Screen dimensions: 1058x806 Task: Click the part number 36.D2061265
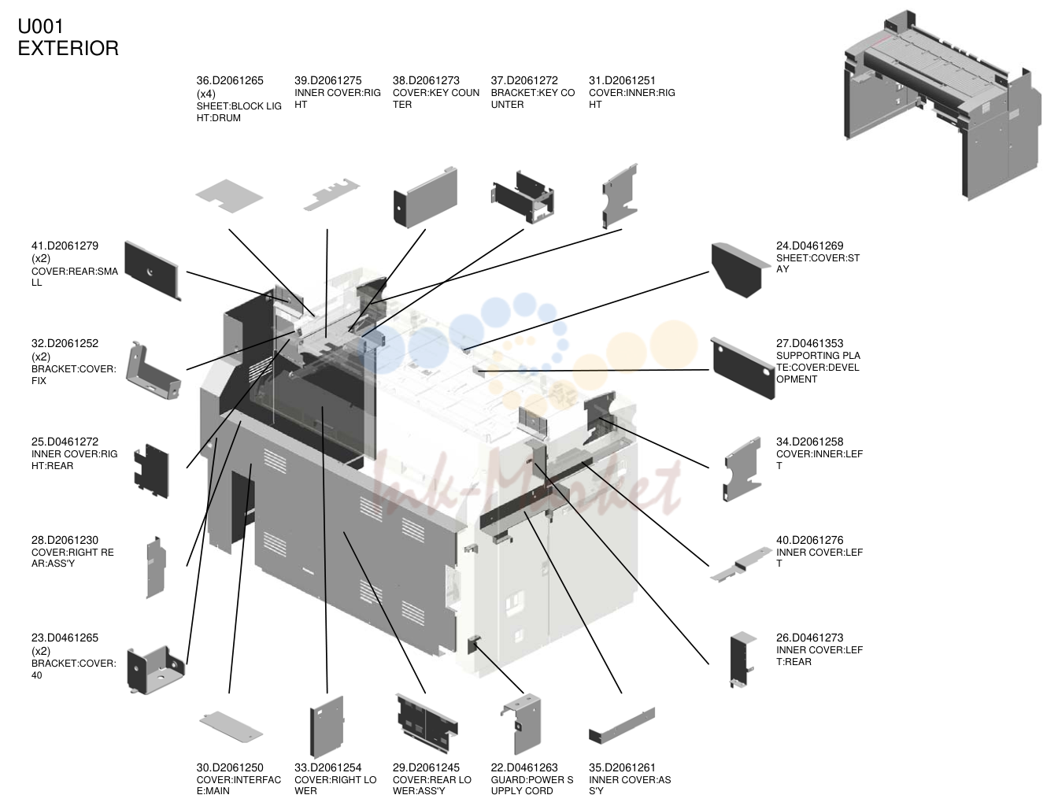pos(229,80)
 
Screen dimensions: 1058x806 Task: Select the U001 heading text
pos(40,27)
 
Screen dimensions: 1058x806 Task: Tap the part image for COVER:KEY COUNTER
pos(425,197)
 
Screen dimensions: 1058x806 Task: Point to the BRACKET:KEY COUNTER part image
pos(523,197)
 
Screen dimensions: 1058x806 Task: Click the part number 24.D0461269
pos(810,246)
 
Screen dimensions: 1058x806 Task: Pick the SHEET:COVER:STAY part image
pos(740,270)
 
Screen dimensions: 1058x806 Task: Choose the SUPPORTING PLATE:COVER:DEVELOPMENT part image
pos(742,368)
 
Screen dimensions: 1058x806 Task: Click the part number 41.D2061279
pos(65,246)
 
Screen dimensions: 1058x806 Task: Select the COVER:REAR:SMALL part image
pos(153,271)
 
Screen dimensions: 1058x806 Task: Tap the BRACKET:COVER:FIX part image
pos(154,371)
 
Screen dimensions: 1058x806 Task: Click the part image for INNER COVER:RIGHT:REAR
pos(152,471)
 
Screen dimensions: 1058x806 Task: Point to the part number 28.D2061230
pos(65,540)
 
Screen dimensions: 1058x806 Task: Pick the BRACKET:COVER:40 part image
pos(156,670)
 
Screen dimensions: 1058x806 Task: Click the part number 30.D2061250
pos(230,767)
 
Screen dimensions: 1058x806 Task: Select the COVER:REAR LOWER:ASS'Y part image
pos(427,723)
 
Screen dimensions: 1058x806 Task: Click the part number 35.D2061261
pos(622,767)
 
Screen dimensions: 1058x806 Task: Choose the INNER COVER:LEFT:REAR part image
pos(742,660)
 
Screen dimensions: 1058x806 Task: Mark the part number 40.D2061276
pos(810,540)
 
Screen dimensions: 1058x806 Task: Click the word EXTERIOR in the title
pos(68,48)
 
